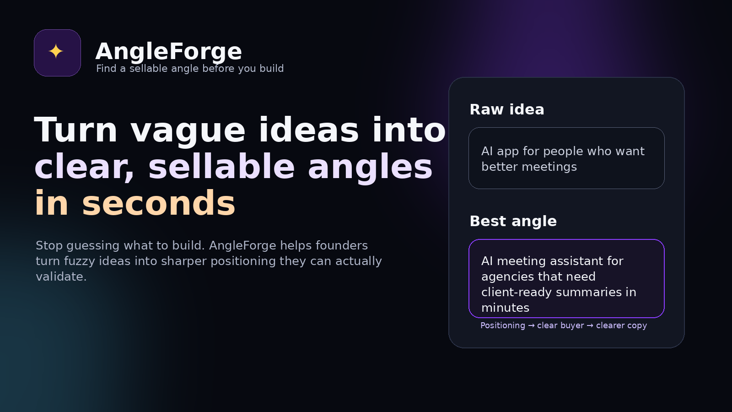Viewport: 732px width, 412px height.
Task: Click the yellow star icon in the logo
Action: point(56,51)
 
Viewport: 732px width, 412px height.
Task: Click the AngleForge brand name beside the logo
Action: point(168,51)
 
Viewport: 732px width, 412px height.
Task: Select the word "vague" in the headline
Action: point(188,130)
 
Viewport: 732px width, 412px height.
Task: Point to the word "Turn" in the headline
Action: point(75,130)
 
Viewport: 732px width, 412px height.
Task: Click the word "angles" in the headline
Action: point(370,167)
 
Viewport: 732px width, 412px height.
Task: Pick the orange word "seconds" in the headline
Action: point(158,204)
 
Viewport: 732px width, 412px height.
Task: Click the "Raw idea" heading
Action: point(507,109)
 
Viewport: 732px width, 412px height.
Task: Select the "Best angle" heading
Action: point(513,221)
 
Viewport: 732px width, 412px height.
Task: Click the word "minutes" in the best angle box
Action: point(505,308)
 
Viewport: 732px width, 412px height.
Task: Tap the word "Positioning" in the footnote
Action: point(502,325)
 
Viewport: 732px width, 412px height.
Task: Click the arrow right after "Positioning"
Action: point(531,325)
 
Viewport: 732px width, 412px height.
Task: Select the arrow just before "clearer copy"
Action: point(590,325)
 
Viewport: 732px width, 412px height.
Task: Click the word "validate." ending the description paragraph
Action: point(61,276)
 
